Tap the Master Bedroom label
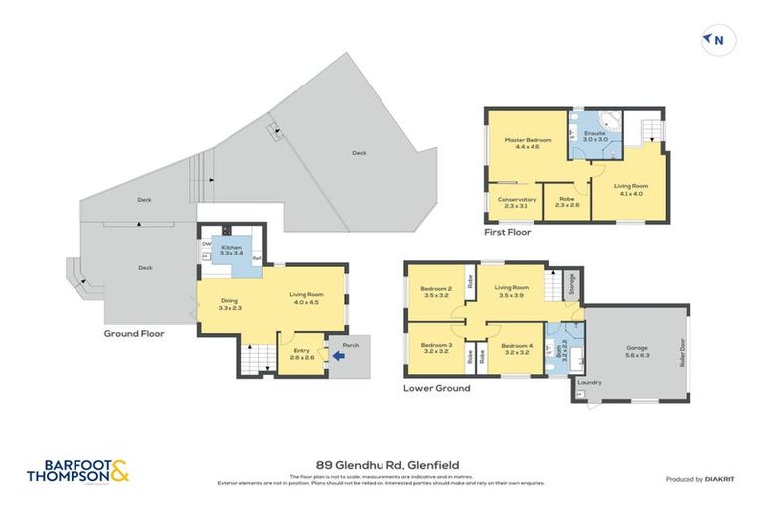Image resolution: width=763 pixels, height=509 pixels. [x=527, y=144]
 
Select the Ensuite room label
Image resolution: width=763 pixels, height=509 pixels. [x=594, y=136]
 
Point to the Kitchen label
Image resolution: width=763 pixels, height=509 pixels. [x=230, y=249]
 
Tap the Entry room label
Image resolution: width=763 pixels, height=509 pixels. [x=300, y=352]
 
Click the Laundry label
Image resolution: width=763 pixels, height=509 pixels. [x=590, y=382]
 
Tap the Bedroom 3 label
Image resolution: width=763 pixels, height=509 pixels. [x=437, y=349]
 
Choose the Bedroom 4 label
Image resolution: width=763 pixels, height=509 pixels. [x=517, y=349]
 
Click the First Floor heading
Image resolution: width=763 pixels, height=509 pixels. [x=508, y=232]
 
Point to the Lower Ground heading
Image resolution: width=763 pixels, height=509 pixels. [x=436, y=388]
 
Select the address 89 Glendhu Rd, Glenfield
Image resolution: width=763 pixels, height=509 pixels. [x=381, y=465]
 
